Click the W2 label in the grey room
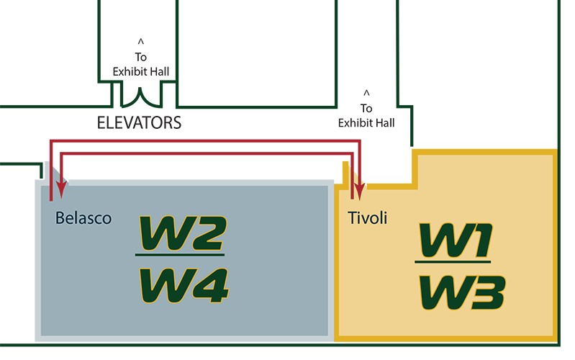pos(181,233)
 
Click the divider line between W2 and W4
pos(180,256)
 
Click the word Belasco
pos(83,218)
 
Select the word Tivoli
pos(367,218)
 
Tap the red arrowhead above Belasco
pos(61,191)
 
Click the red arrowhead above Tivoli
pos(359,191)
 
